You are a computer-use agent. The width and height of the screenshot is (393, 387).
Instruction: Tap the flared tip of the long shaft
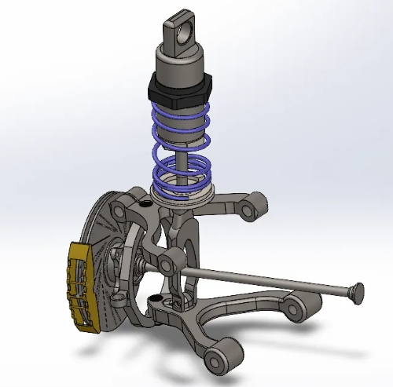pyautogui.click(x=354, y=293)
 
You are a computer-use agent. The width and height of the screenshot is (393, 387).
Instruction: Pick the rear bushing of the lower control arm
pyautogui.click(x=294, y=306)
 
